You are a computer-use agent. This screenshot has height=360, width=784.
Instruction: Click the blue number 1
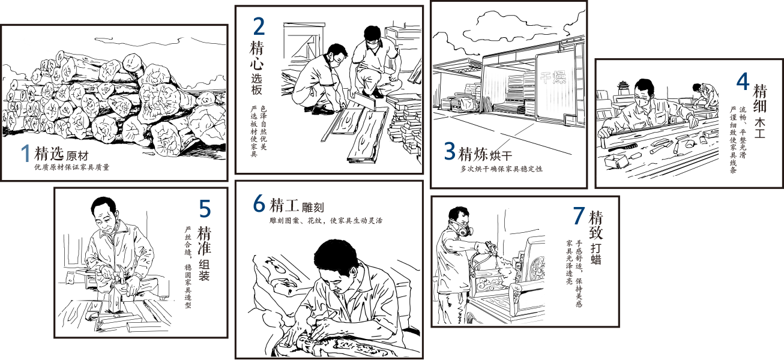coord(26,153)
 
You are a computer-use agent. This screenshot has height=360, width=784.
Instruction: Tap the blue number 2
coord(259,26)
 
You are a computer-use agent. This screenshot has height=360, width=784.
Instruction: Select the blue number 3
coord(450,151)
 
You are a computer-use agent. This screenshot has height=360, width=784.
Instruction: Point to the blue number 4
coord(743,82)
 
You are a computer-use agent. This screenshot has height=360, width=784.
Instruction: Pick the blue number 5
coord(205,209)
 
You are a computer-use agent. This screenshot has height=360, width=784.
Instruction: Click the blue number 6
coord(259,203)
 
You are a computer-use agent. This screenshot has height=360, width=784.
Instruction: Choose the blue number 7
coord(579,215)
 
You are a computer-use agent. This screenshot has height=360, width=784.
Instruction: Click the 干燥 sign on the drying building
coord(553,77)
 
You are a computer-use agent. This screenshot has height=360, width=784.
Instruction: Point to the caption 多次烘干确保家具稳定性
coord(501,169)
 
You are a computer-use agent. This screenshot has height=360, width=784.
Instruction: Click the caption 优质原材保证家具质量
coord(72,167)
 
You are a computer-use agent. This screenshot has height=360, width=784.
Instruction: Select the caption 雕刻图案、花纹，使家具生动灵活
coord(326,221)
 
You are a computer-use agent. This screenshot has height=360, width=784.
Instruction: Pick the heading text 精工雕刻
coord(297,205)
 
